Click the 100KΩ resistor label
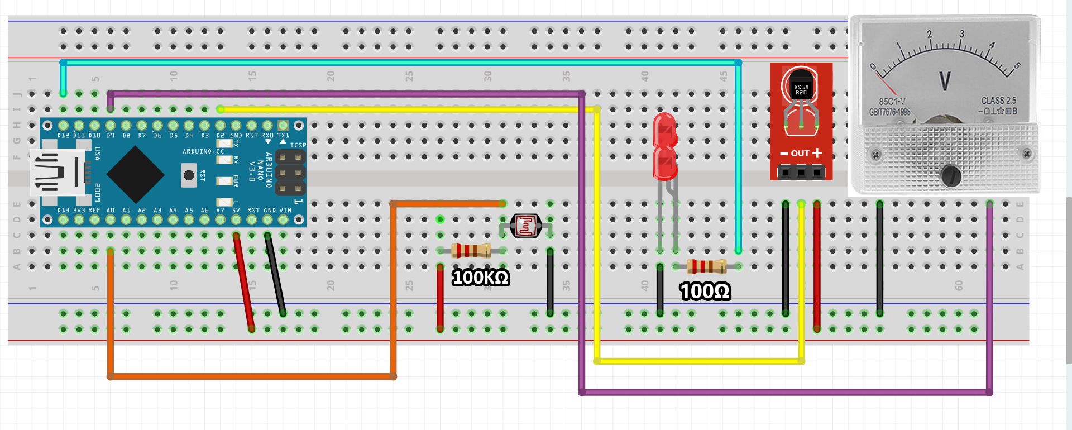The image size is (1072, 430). [480, 278]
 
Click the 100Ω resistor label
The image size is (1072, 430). [705, 291]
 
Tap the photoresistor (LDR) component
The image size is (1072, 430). [525, 226]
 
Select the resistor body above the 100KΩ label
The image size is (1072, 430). [471, 250]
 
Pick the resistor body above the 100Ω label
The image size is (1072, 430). [706, 266]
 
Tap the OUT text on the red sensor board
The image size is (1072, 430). [800, 153]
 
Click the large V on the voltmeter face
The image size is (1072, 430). [945, 82]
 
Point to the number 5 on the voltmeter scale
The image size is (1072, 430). [1017, 66]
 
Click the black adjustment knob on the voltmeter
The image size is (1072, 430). [950, 175]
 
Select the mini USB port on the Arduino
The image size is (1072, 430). [56, 173]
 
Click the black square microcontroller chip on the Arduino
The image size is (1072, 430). [135, 174]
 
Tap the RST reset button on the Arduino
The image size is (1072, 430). [189, 175]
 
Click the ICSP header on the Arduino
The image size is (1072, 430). [290, 173]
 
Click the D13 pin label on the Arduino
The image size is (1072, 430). [63, 211]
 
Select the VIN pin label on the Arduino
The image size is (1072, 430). [285, 211]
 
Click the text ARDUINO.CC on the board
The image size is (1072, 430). [203, 151]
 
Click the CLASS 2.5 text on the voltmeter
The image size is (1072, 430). [998, 101]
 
